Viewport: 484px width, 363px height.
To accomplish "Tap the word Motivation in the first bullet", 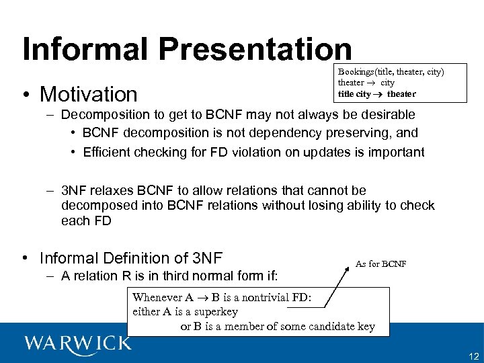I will (x=88, y=94).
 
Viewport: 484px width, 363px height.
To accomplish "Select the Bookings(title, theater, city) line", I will (x=391, y=71).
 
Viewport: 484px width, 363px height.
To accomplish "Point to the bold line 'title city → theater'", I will (x=376, y=93).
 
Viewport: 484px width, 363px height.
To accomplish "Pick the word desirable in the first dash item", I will (x=384, y=114).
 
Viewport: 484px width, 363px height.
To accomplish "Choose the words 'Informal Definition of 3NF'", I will (x=131, y=258).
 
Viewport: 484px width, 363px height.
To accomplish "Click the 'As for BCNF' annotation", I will (x=380, y=264).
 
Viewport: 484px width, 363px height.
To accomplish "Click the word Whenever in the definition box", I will (x=157, y=297).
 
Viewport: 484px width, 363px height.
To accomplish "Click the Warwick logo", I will (x=78, y=343).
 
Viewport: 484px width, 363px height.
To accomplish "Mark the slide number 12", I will (x=473, y=356).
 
